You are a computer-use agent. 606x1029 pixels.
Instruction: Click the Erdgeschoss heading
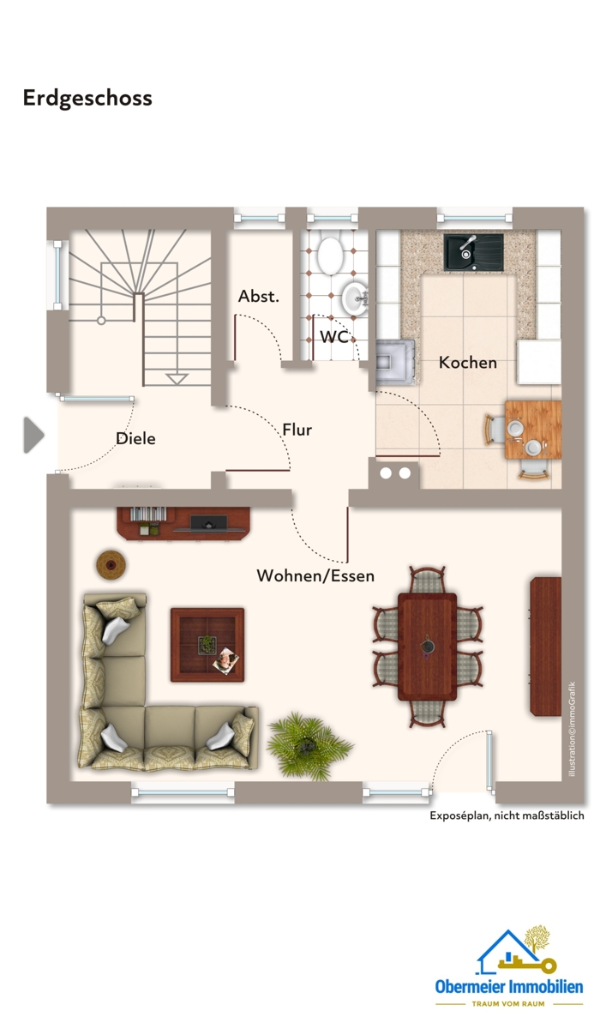87,99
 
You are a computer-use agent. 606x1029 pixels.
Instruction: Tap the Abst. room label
259,297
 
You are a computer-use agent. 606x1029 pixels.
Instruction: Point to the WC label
334,337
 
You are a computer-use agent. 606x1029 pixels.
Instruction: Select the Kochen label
467,363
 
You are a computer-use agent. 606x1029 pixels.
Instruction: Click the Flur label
297,430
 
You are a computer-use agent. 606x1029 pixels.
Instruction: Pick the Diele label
136,438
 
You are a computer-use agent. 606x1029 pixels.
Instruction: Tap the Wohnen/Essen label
315,575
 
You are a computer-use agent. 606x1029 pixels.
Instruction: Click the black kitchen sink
473,252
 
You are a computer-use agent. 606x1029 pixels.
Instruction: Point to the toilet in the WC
330,256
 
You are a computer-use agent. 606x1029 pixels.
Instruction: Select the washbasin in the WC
355,298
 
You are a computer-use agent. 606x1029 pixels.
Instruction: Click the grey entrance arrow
33,435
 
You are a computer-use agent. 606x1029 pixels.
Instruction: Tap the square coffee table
207,645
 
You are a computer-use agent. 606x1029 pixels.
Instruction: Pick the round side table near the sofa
111,564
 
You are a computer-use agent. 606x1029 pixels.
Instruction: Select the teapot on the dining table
428,646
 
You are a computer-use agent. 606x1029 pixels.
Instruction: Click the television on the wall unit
209,523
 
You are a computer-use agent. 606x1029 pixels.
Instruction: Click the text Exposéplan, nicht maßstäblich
507,815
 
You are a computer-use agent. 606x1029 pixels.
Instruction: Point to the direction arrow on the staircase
177,379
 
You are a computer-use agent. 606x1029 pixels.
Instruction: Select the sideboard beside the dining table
545,647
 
